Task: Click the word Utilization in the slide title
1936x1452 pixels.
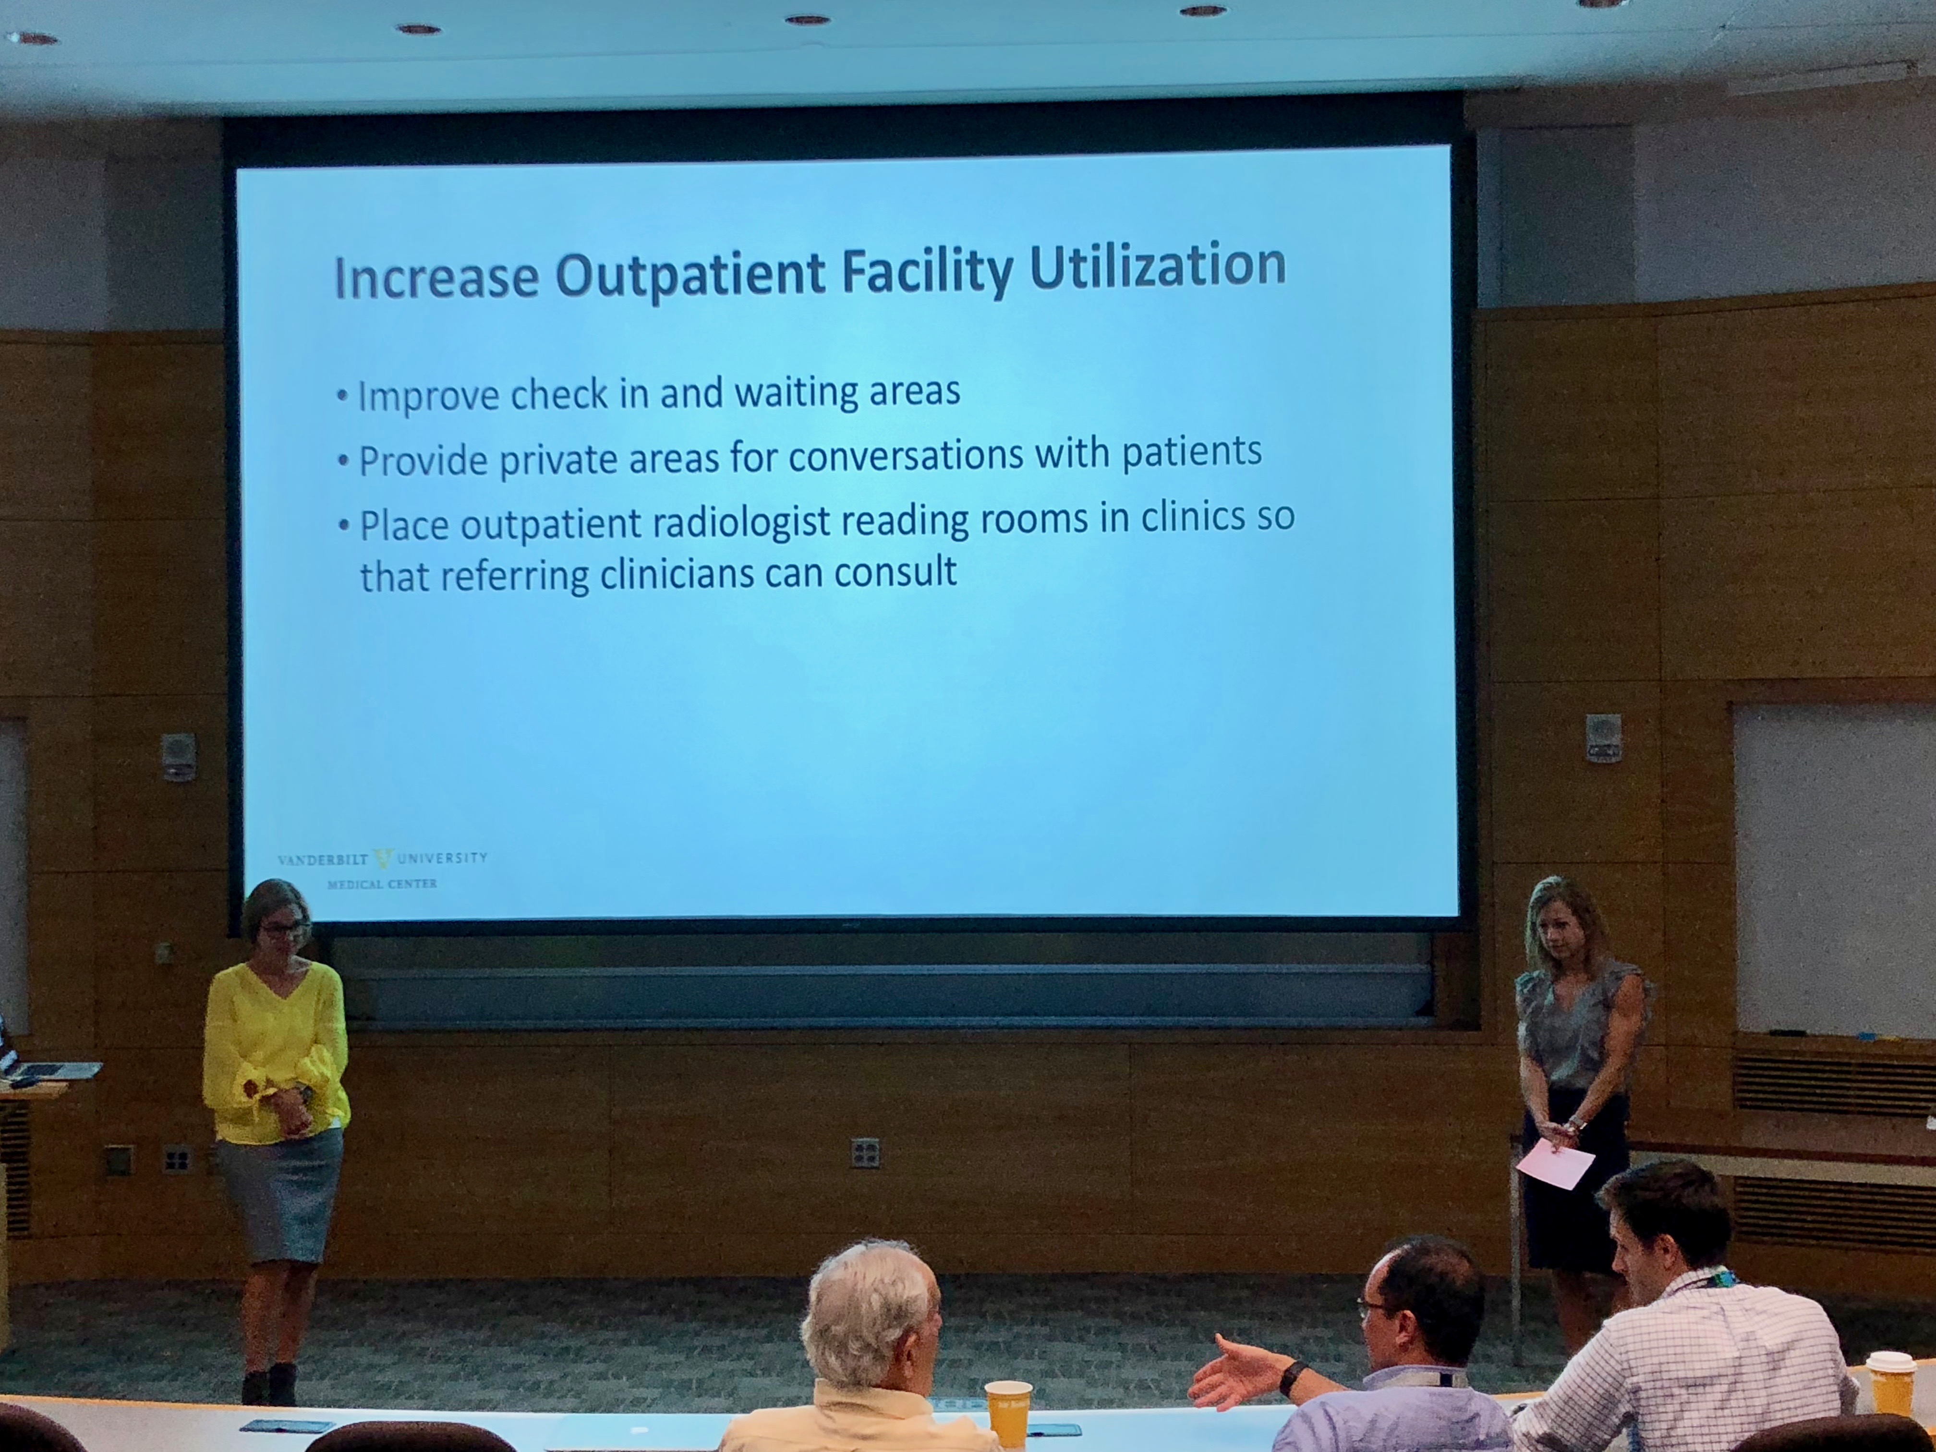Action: [x=1158, y=267]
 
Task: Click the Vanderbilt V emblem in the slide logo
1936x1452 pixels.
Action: [x=383, y=859]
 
